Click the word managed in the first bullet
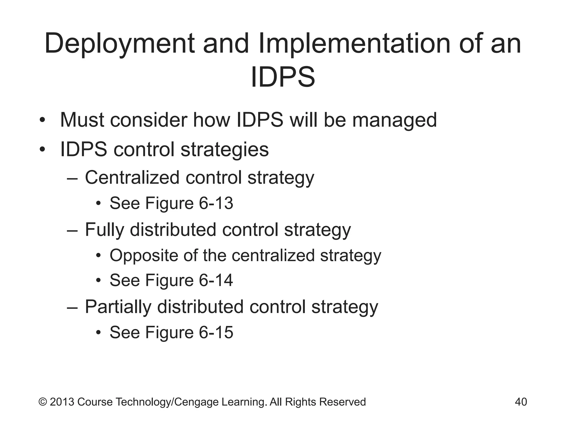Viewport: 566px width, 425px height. [394, 120]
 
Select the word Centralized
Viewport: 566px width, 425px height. [132, 177]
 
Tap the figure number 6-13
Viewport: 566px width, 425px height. [216, 203]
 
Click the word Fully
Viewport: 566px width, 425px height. [104, 230]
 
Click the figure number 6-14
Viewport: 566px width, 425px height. [216, 280]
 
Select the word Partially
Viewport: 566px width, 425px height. [118, 307]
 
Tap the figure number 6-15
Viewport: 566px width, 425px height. [216, 332]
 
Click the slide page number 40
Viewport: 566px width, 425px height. [521, 402]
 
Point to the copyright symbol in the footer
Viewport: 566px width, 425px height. [43, 402]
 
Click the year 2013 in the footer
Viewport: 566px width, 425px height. [62, 402]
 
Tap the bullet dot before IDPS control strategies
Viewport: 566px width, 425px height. [42, 150]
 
